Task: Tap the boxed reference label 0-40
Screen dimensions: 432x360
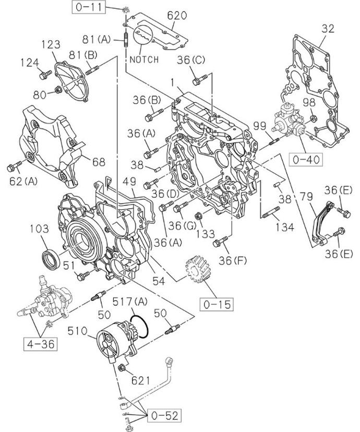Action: click(x=307, y=159)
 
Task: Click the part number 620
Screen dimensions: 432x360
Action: click(x=177, y=16)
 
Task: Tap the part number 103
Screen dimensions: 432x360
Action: click(x=43, y=229)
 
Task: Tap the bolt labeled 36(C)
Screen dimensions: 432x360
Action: click(x=197, y=81)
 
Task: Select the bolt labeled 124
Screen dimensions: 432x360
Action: click(x=43, y=76)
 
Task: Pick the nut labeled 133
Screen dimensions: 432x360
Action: click(x=198, y=216)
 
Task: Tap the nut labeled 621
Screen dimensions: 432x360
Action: click(x=122, y=368)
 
